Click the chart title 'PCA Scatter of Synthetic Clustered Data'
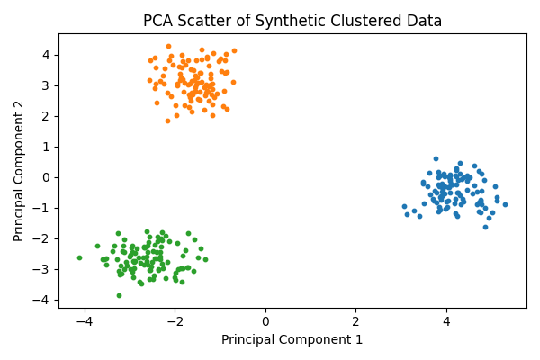coord(292,21)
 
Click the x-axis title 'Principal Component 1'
coord(292,339)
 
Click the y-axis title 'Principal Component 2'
coord(19,171)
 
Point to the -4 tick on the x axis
coord(85,322)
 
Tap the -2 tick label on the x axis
coord(175,322)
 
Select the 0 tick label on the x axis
coord(265,322)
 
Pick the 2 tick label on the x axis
coord(355,322)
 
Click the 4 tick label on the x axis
coord(446,322)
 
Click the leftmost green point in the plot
coord(79,257)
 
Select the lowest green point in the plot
coord(119,295)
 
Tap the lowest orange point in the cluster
coord(167,121)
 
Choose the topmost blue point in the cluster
coord(436,158)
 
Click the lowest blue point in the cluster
coord(485,227)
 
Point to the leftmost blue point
coord(404,206)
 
